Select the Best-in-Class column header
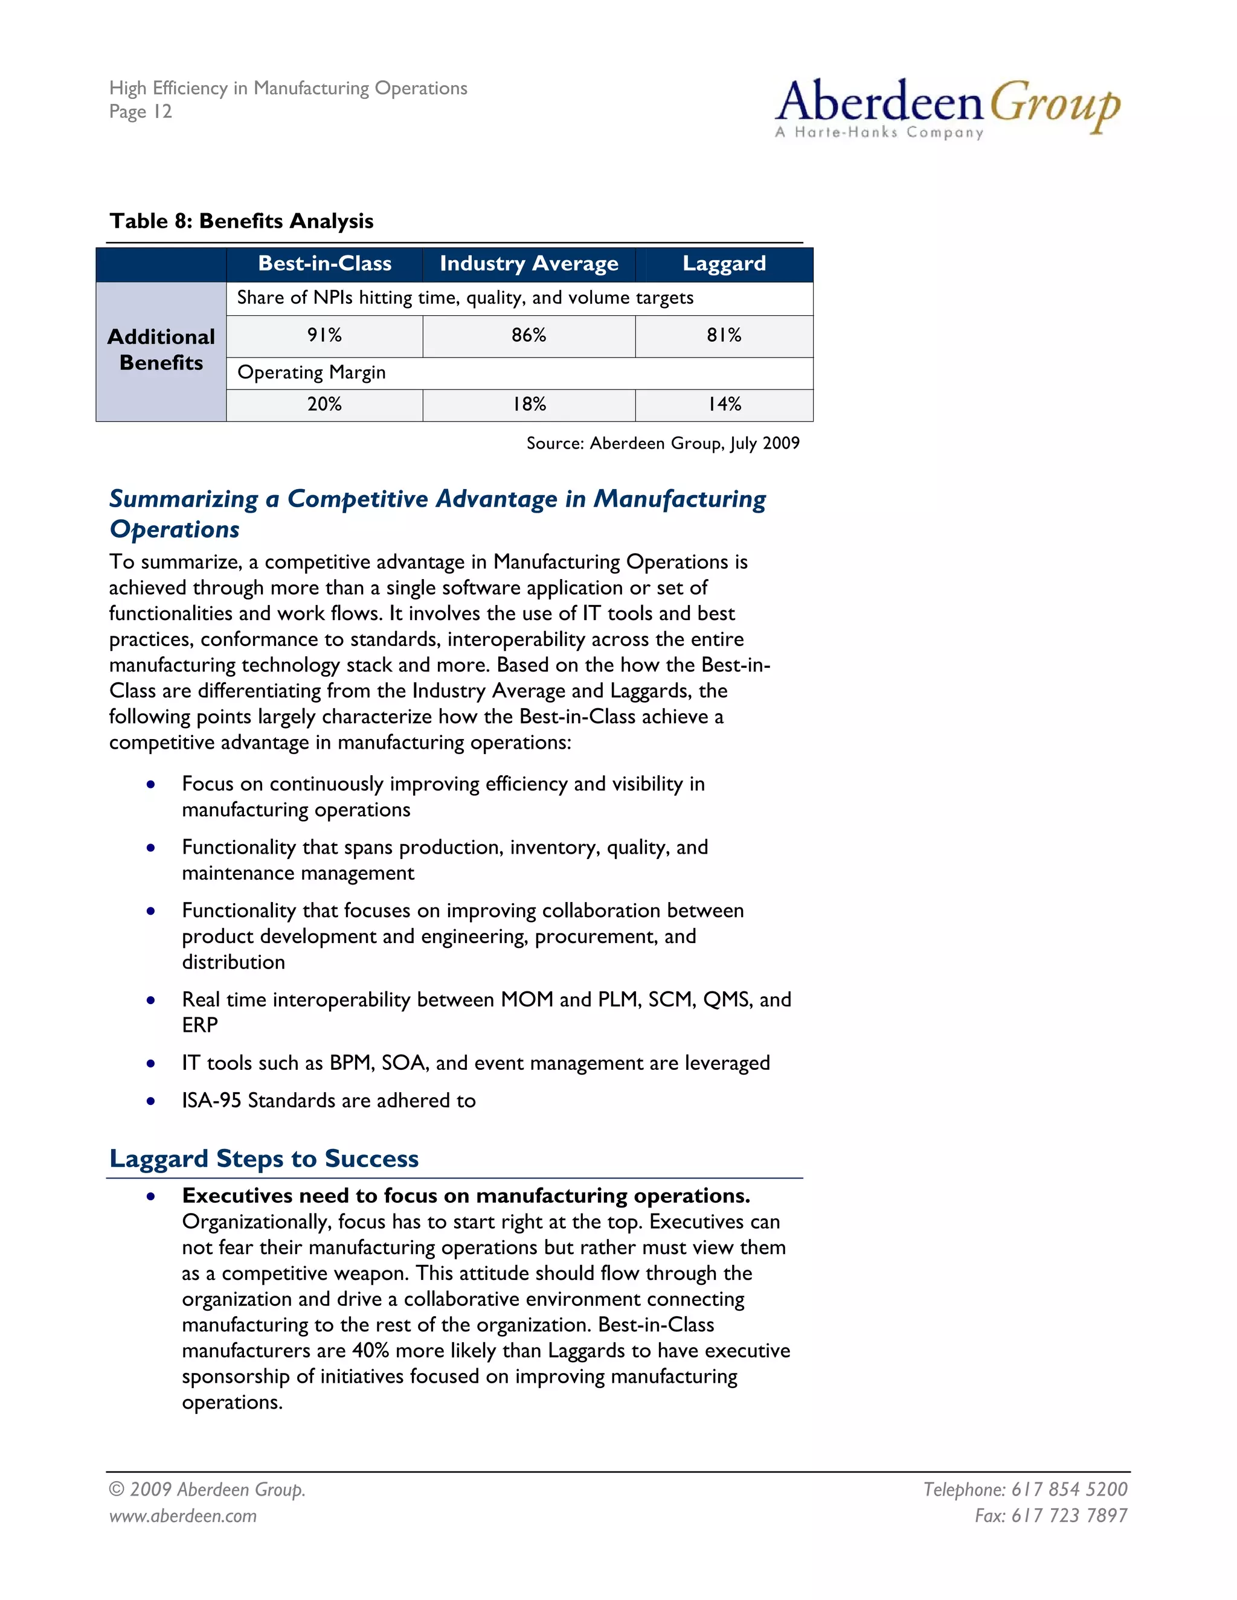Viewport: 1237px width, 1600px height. [324, 264]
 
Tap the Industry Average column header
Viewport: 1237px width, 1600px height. [529, 264]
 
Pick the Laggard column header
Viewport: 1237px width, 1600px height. [724, 264]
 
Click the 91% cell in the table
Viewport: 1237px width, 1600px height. [324, 336]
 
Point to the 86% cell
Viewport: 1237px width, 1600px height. [529, 336]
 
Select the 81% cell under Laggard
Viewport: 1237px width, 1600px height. [724, 336]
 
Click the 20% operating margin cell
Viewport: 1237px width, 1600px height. [324, 405]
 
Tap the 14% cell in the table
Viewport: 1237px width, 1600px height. [724, 405]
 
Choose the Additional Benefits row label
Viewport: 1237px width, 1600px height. [161, 350]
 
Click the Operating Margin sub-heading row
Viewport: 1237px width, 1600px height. [312, 373]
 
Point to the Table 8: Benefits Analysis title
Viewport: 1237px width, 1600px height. [241, 221]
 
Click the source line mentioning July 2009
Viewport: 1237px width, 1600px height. [663, 443]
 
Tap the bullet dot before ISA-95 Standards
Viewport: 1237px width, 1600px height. [151, 1101]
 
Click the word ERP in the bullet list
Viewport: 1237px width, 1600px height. [199, 1026]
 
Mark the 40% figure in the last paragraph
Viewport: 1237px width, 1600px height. [370, 1350]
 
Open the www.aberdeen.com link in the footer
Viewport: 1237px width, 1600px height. [183, 1515]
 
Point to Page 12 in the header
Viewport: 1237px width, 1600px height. [141, 112]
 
